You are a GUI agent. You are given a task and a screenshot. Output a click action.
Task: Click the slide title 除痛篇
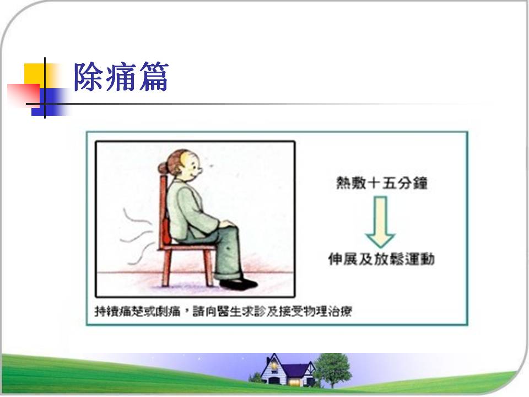pyautogui.click(x=121, y=77)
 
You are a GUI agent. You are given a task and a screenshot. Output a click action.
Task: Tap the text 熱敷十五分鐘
pyautogui.click(x=382, y=183)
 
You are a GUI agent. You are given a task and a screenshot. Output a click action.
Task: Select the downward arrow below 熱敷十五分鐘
pyautogui.click(x=381, y=222)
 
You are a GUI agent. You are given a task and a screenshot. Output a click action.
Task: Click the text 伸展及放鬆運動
pyautogui.click(x=381, y=259)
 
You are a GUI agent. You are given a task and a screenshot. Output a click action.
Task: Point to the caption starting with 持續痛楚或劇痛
pyautogui.click(x=223, y=311)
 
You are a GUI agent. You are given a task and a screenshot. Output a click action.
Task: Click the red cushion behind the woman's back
pyautogui.click(x=166, y=230)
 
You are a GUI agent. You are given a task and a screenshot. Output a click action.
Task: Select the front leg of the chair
pyautogui.click(x=208, y=267)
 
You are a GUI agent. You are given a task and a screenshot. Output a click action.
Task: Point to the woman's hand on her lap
pyautogui.click(x=226, y=223)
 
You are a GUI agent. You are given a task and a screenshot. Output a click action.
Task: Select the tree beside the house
pyautogui.click(x=332, y=369)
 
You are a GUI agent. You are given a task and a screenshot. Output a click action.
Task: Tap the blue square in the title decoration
pyautogui.click(x=51, y=101)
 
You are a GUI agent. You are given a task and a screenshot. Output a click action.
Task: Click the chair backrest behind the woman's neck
pyautogui.click(x=164, y=196)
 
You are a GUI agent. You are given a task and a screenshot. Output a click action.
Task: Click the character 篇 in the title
pyautogui.click(x=154, y=77)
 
